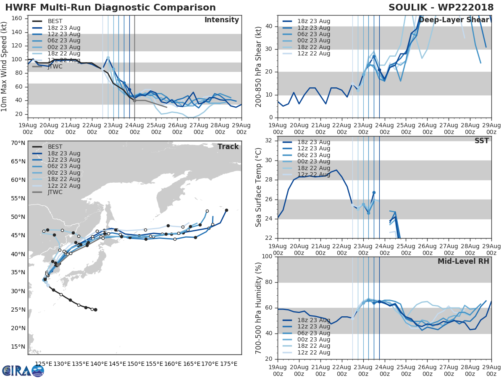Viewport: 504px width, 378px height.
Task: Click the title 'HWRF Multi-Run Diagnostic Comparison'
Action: tap(110, 8)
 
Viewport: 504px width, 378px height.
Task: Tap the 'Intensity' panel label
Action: tap(222, 20)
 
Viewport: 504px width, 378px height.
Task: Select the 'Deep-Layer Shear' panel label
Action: tap(454, 20)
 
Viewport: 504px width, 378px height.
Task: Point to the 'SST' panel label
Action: tap(482, 141)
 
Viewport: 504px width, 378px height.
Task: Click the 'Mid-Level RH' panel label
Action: tap(463, 261)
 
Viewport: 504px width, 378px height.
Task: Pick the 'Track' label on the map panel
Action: tap(228, 147)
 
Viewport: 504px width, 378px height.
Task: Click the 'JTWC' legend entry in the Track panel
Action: tap(55, 192)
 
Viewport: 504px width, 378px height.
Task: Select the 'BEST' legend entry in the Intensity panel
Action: tap(55, 21)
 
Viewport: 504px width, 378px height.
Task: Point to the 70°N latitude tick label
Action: tap(18, 143)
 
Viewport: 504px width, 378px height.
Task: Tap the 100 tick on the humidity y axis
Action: tap(267, 256)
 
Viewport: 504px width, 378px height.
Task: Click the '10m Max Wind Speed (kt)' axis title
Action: tap(5, 66)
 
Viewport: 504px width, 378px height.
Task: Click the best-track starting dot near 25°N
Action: tap(95, 310)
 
